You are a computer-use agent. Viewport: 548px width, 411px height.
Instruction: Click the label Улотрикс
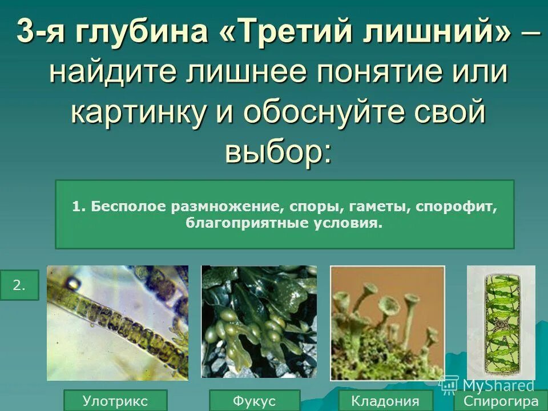point(115,400)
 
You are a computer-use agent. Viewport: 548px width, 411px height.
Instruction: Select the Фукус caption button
point(254,400)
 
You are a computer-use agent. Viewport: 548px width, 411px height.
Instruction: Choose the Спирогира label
point(501,400)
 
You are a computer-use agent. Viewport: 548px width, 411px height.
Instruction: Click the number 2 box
point(19,285)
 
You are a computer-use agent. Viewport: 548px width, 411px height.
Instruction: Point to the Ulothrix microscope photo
point(118,323)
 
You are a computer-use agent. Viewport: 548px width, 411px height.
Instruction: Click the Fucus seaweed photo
point(259,321)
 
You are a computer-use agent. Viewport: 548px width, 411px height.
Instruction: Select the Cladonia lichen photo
point(387,323)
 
